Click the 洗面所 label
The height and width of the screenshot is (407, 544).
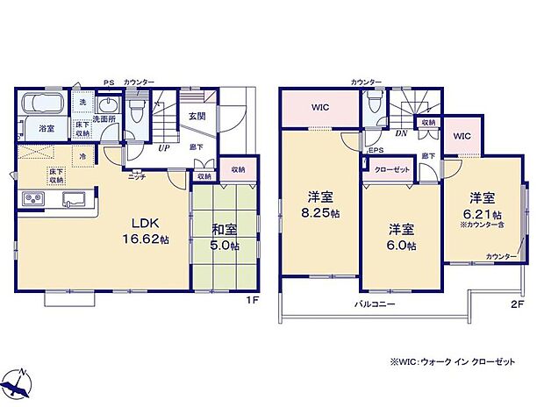(106, 118)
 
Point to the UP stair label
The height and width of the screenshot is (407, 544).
(163, 148)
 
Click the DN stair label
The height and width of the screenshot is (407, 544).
(399, 134)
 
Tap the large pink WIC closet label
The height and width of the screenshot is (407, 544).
(319, 109)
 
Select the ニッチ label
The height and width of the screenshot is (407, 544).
(137, 176)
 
